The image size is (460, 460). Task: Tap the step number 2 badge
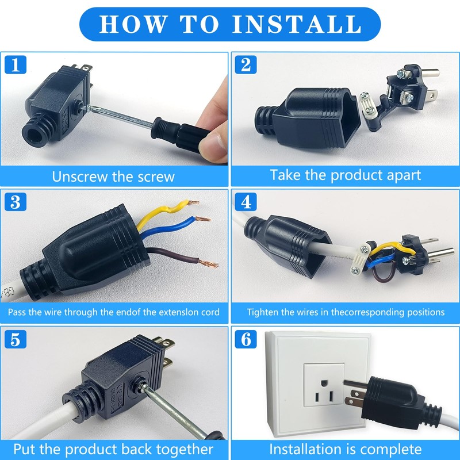click(246, 64)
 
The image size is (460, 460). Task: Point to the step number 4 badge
click(246, 202)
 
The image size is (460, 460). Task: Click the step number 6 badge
click(246, 339)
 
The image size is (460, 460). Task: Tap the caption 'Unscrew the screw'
click(113, 176)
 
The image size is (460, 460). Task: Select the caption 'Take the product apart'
click(346, 175)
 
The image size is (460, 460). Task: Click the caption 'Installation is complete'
click(346, 448)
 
